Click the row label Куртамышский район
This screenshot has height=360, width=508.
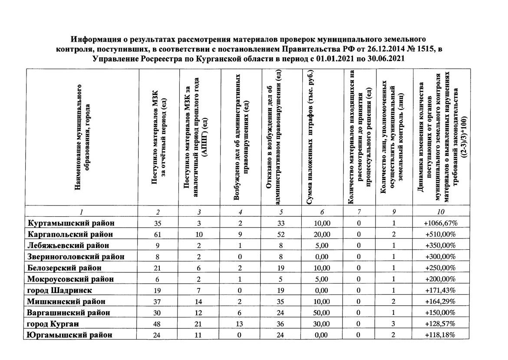[x=71, y=223]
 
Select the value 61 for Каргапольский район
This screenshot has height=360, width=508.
[x=157, y=234]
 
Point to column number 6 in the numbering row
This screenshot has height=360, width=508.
[x=322, y=212]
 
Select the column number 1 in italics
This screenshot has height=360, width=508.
[x=81, y=212]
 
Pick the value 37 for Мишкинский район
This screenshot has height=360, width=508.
[x=157, y=301]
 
